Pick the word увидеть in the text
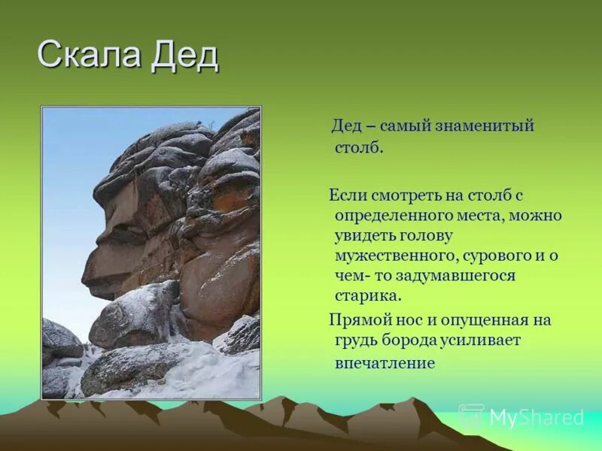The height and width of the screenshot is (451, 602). point(365,235)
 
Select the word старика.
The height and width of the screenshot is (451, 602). point(368,296)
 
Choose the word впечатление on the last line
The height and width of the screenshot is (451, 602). point(385,363)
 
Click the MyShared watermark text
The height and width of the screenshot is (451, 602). point(537,417)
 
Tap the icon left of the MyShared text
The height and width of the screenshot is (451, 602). point(473,416)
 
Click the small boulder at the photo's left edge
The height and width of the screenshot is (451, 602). point(60,340)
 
